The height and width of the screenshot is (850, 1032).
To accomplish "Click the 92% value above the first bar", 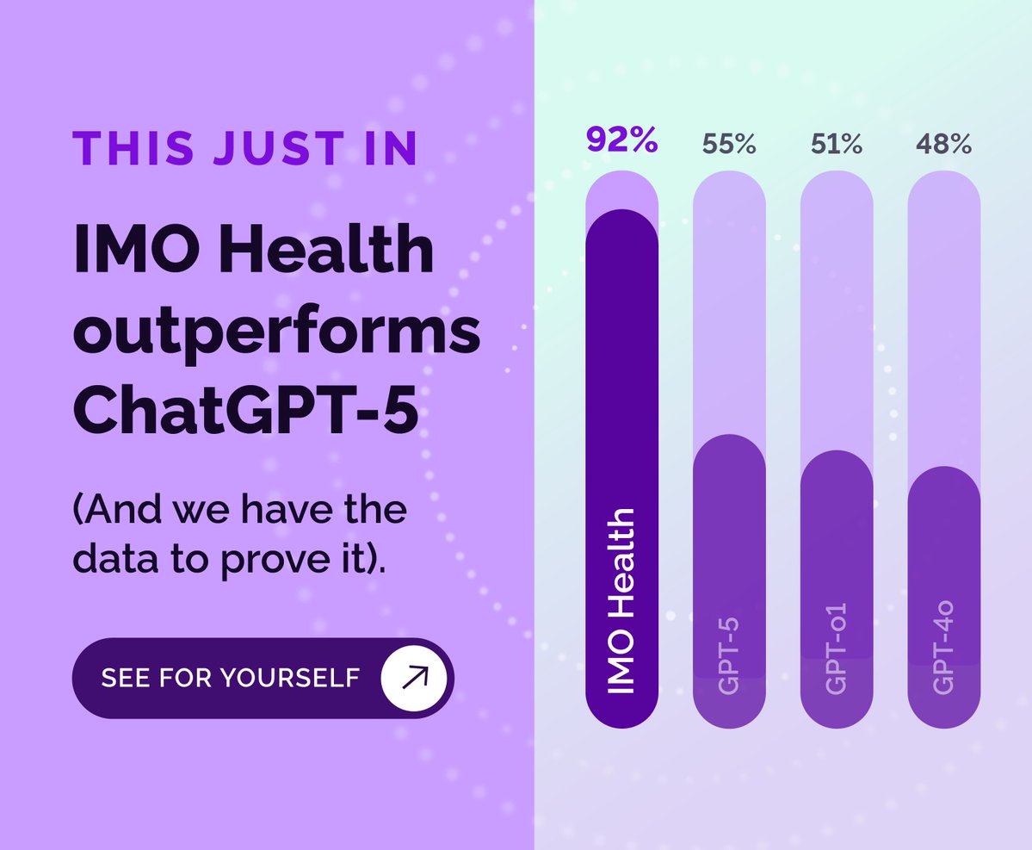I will (621, 140).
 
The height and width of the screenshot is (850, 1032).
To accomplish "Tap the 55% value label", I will (729, 145).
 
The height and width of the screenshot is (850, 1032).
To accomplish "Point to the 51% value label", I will (837, 145).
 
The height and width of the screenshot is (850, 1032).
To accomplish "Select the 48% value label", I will (943, 145).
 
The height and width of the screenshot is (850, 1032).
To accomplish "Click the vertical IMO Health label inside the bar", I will (621, 601).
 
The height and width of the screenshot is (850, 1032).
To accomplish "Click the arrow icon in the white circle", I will (415, 678).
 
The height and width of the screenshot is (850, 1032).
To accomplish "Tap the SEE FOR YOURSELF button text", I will (230, 678).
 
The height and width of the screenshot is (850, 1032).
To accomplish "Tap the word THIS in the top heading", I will (133, 148).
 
